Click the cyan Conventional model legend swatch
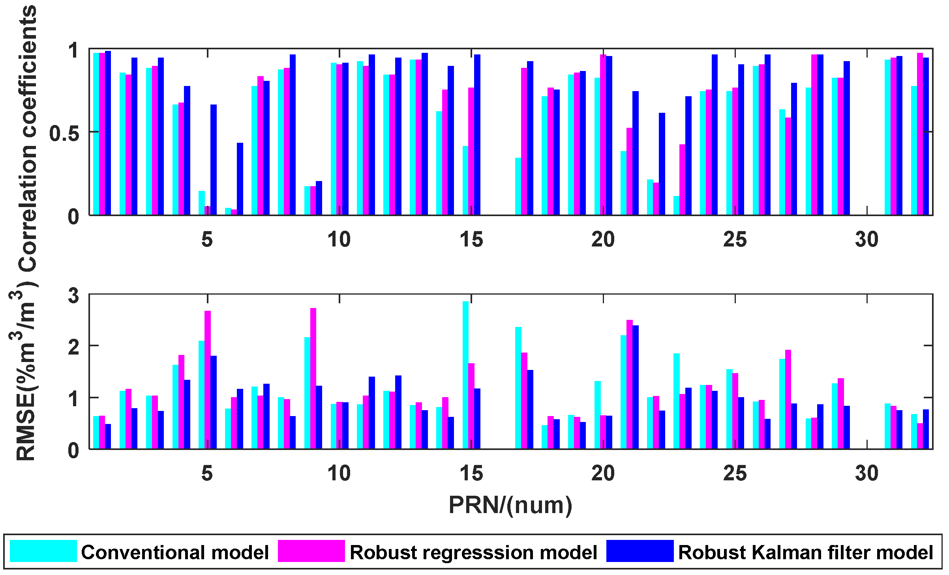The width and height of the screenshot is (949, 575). point(43,551)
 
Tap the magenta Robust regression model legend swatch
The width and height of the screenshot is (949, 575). point(311,551)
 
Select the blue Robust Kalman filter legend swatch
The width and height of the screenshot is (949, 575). point(640,551)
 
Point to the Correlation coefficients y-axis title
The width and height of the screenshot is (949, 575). point(28,138)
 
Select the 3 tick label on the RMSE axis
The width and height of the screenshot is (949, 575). point(73,296)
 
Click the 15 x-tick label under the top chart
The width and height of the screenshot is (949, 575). point(471,239)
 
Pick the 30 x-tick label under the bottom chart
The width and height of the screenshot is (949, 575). point(867,473)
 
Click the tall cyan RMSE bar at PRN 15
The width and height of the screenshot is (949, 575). point(465,375)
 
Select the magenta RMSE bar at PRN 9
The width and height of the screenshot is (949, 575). point(313,379)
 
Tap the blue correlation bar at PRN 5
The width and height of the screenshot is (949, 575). point(214,160)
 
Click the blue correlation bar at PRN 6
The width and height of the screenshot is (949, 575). point(240,179)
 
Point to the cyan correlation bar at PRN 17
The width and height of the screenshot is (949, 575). point(518,186)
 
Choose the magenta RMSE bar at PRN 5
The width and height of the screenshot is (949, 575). point(208,379)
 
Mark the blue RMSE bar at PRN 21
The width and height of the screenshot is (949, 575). point(636,387)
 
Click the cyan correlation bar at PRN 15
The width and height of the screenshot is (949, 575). point(465,180)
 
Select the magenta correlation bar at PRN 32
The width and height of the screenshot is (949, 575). point(920,134)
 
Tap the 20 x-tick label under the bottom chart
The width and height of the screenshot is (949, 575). point(603,473)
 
